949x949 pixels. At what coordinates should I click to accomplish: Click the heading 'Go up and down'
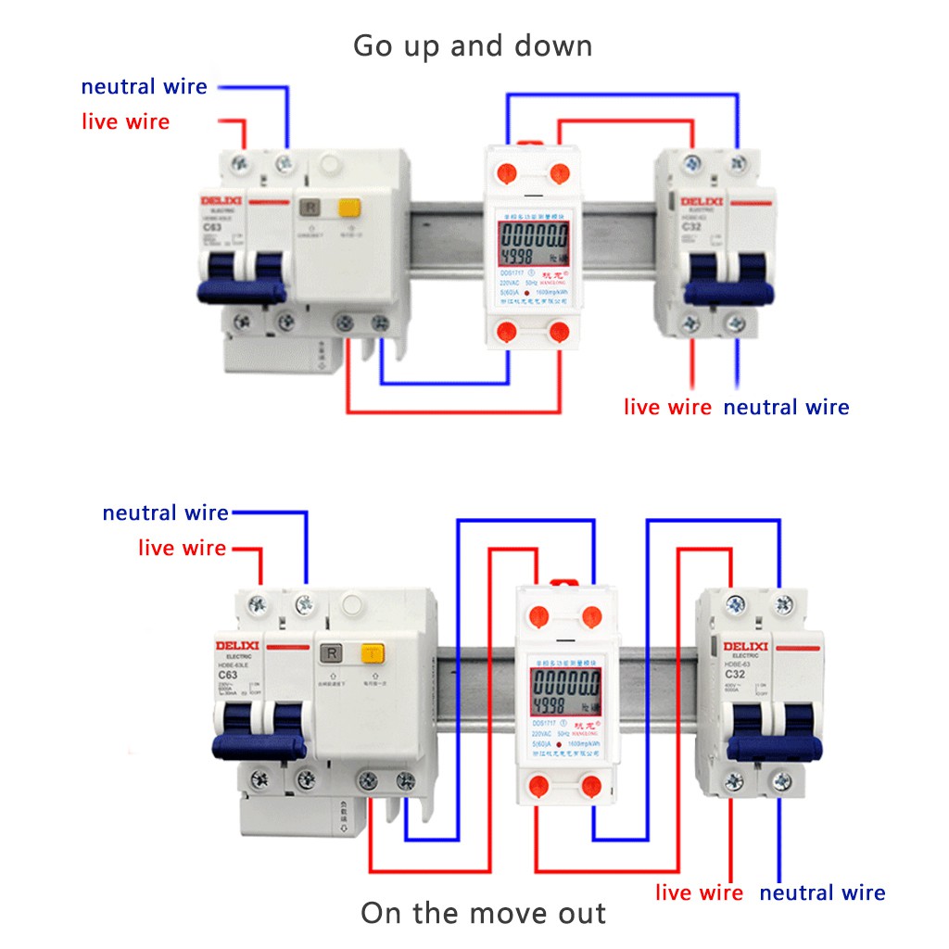[473, 45]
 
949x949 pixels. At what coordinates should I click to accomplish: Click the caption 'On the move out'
[483, 913]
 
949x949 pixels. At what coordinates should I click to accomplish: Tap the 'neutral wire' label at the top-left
[144, 87]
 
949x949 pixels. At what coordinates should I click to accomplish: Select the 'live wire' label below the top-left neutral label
[125, 121]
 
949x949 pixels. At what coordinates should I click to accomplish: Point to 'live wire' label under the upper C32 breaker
[667, 407]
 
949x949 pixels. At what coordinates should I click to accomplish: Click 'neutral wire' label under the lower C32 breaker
[822, 893]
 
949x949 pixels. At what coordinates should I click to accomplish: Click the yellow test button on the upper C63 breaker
[348, 209]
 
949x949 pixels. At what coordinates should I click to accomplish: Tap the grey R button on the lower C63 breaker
[330, 655]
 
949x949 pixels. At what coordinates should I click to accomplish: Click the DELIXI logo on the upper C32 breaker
[702, 201]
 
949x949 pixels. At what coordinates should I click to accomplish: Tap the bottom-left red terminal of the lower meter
[538, 789]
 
